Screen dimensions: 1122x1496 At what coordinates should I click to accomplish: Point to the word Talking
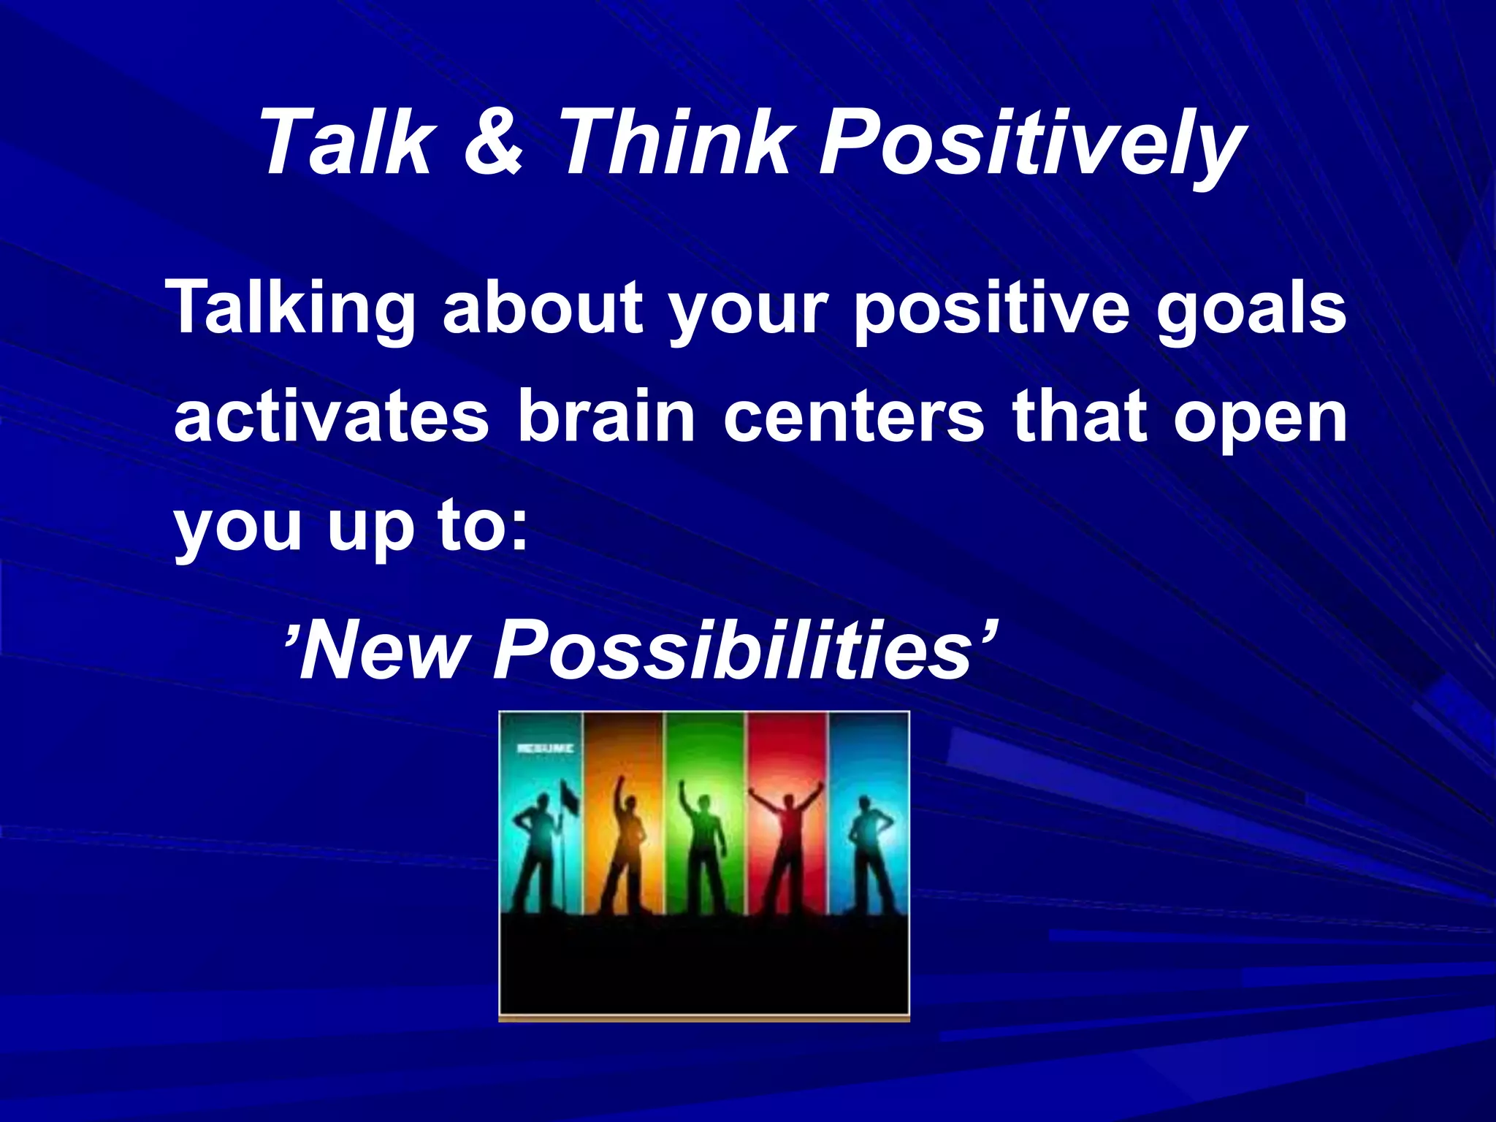(x=291, y=310)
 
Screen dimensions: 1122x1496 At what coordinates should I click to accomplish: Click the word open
(x=1260, y=422)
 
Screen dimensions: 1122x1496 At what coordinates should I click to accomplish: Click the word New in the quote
(x=383, y=649)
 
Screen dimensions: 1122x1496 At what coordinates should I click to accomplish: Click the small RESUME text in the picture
(x=545, y=749)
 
